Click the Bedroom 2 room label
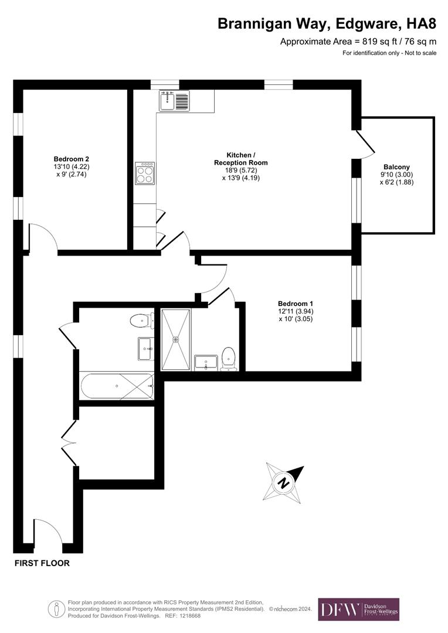[x=71, y=159]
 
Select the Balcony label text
[x=396, y=166]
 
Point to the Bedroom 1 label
[x=295, y=304]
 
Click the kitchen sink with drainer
[x=174, y=101]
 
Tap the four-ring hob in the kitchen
[x=144, y=173]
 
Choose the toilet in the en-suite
[x=229, y=358]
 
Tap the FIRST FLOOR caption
[x=42, y=563]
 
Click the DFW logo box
[x=358, y=609]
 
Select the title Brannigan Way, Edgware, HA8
[x=327, y=24]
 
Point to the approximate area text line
[x=358, y=41]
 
